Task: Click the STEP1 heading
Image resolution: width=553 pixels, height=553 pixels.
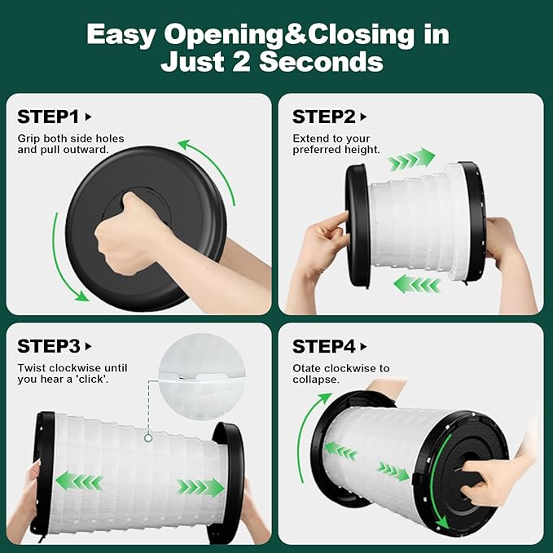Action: point(48,116)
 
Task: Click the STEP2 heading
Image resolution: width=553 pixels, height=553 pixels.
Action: point(324,116)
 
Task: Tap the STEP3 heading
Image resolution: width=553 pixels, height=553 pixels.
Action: point(49,346)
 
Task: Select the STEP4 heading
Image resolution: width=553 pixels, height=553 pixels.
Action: point(324,346)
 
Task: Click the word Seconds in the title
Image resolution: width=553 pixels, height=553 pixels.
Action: point(321,62)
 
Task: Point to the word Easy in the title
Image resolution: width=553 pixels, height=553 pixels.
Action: point(121,35)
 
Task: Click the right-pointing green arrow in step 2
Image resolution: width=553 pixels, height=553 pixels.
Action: point(411,159)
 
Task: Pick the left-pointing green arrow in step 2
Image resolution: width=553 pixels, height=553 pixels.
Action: point(417,284)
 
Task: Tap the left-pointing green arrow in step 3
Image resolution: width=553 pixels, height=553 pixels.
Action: point(79,482)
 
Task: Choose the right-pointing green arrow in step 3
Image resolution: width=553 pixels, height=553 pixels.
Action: point(200,487)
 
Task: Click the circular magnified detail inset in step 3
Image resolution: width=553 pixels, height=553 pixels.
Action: point(201,376)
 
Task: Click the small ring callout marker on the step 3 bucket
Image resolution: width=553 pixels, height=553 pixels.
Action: point(148,438)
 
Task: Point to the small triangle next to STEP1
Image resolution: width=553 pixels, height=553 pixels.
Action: point(89,116)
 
